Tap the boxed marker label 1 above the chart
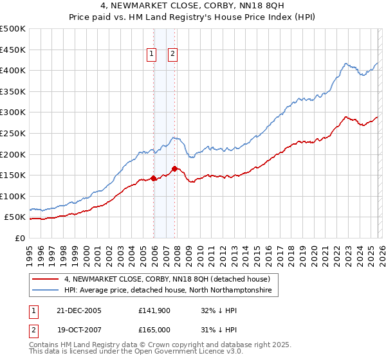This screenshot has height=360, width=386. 152,55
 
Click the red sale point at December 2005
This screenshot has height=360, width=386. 153,178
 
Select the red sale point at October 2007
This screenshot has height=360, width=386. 174,168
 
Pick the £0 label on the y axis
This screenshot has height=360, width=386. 19,238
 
